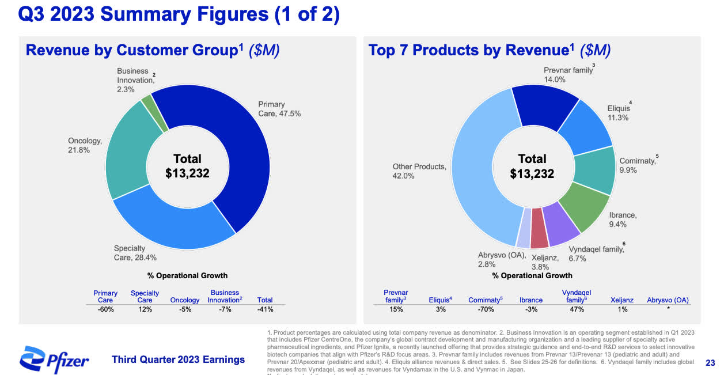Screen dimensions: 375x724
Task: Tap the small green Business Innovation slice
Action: coord(147,104)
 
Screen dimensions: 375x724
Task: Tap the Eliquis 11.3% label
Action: coord(617,113)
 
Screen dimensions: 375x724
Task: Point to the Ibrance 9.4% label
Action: coord(623,219)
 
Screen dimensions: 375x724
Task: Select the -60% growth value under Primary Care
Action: coord(105,309)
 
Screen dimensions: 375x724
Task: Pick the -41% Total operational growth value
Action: coord(265,309)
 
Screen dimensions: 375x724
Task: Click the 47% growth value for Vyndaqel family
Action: coord(577,309)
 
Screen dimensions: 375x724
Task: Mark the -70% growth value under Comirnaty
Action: coord(486,309)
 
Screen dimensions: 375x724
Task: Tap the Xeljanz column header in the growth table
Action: coord(621,300)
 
